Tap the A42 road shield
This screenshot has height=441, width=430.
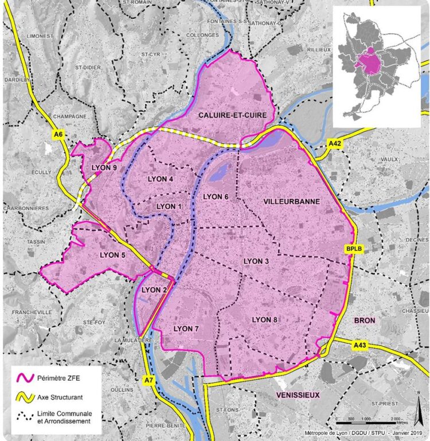pyautogui.click(x=334, y=143)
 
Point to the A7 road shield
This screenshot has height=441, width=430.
pyautogui.click(x=148, y=380)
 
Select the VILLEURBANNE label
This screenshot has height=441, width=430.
pyautogui.click(x=292, y=202)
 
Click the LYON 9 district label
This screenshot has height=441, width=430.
pyautogui.click(x=104, y=168)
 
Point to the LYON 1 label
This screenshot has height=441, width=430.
pyautogui.click(x=169, y=206)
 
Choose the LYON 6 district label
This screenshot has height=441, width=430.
pyautogui.click(x=216, y=197)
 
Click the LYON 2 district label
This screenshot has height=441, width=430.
pyautogui.click(x=154, y=289)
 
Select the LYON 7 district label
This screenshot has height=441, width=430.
pyautogui.click(x=186, y=328)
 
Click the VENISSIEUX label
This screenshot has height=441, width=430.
pyautogui.click(x=296, y=394)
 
